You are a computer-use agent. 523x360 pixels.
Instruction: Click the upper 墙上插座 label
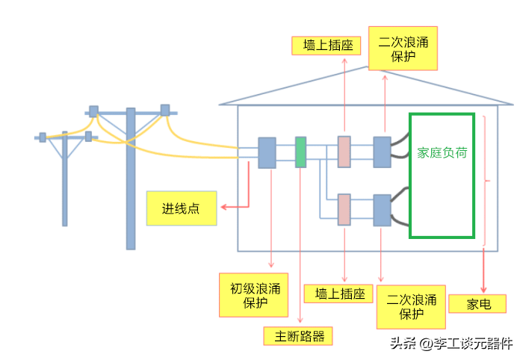[326, 45]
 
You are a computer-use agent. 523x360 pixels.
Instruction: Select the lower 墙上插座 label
[338, 294]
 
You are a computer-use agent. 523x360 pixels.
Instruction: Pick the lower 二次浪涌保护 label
[411, 306]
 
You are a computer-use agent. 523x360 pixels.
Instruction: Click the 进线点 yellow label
[182, 208]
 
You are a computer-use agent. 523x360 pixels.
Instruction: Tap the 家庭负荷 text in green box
[442, 152]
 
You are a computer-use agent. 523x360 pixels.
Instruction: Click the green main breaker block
[300, 152]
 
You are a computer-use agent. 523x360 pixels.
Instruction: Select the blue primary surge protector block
[267, 152]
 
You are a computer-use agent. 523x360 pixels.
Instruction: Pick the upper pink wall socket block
[344, 152]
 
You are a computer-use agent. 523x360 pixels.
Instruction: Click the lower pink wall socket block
[344, 209]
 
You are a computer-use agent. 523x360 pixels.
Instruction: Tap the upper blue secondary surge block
[382, 152]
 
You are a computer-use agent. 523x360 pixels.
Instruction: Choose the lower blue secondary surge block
[382, 210]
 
